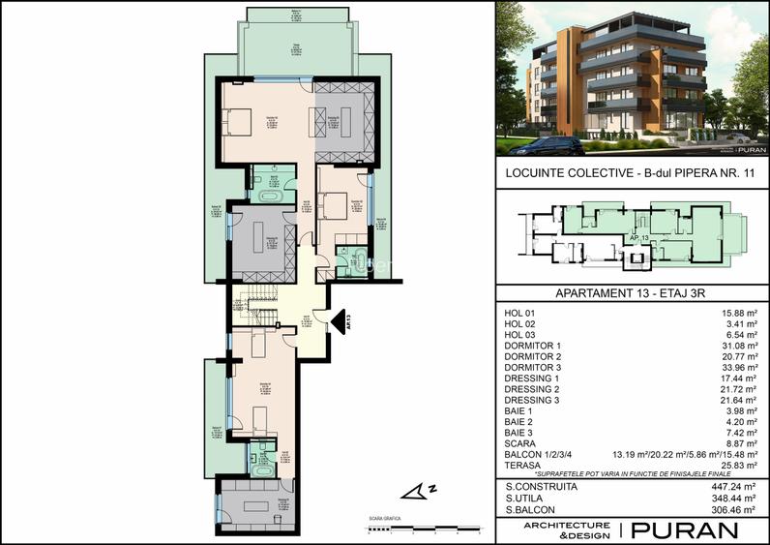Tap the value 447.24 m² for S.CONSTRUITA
click(x=733, y=486)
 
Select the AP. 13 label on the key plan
click(x=638, y=237)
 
